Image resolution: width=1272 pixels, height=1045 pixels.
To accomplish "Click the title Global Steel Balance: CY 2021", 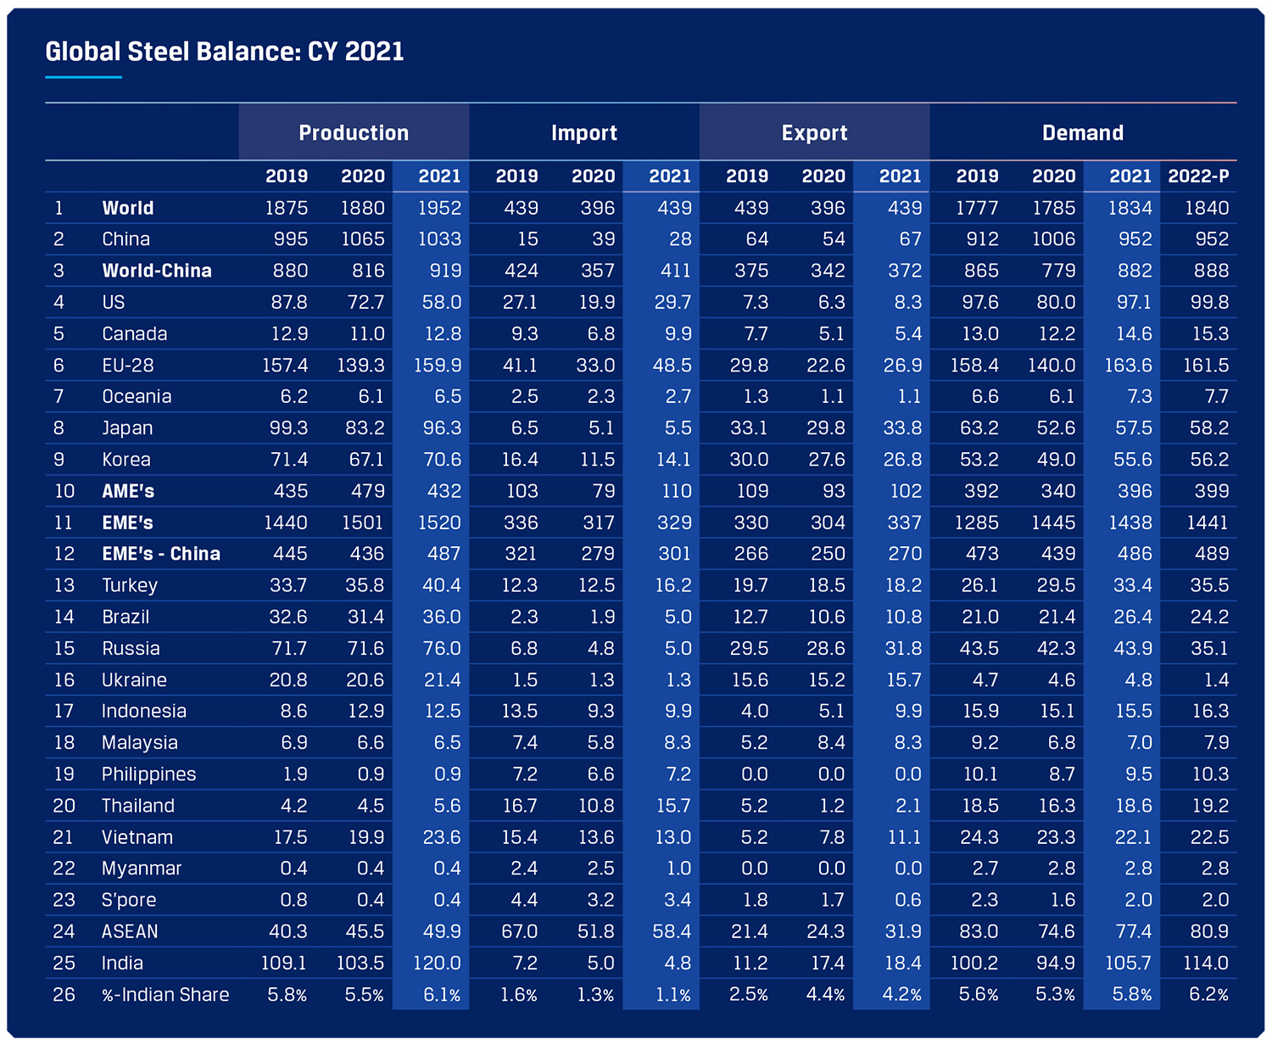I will click(x=225, y=52).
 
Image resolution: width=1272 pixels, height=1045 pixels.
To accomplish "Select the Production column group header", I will click(x=354, y=133).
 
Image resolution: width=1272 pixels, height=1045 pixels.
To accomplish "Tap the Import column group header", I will click(x=584, y=133).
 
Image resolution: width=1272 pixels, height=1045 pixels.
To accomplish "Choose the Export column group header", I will click(x=814, y=133).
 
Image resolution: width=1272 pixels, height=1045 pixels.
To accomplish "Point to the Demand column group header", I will click(x=1083, y=133).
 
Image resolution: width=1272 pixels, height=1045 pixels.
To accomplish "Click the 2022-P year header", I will click(x=1198, y=176).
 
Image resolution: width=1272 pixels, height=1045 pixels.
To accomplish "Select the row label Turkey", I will click(x=130, y=585).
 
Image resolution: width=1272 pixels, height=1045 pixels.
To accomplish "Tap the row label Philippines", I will click(x=148, y=774).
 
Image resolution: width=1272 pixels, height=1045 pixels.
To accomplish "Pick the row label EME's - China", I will click(x=161, y=554).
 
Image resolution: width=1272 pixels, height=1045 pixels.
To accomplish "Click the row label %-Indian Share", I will click(x=165, y=994).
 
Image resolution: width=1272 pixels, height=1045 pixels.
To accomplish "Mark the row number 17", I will click(x=64, y=711).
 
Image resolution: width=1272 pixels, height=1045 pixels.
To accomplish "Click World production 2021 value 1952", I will click(x=439, y=208).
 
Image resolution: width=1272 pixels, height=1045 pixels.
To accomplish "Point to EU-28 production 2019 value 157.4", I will click(x=285, y=366).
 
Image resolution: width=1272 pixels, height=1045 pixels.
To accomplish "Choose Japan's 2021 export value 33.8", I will click(x=902, y=428).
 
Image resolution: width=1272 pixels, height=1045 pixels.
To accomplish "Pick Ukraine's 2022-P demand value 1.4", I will click(x=1216, y=679).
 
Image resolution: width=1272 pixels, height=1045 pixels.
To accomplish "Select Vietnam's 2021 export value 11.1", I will click(x=904, y=837).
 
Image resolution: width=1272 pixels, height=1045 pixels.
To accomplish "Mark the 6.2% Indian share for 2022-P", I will click(x=1208, y=994).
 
